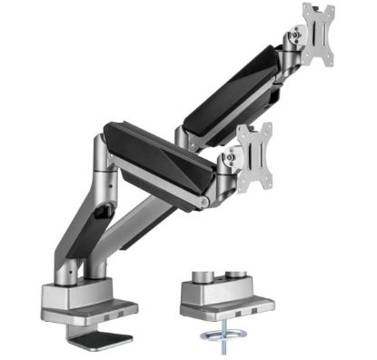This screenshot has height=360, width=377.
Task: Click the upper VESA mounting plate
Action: [318, 34]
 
